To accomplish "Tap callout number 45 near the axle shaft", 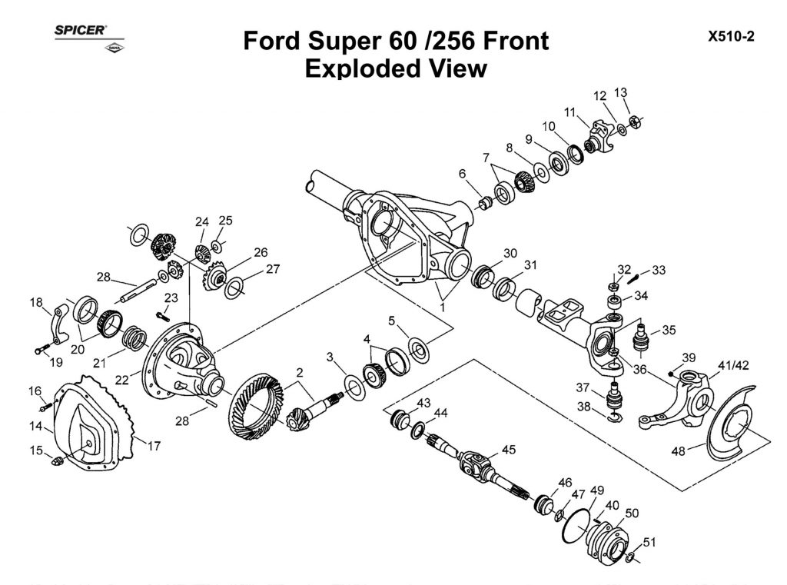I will point(509,450).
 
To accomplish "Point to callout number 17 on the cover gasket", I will point(154,445).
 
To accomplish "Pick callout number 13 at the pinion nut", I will point(621,92).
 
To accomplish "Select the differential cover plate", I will point(88,423).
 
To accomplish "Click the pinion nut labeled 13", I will point(636,121).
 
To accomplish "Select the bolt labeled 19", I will point(40,351).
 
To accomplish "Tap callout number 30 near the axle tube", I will point(510,253).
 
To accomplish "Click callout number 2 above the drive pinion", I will point(298,372).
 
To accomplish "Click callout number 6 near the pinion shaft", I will point(463,175).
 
